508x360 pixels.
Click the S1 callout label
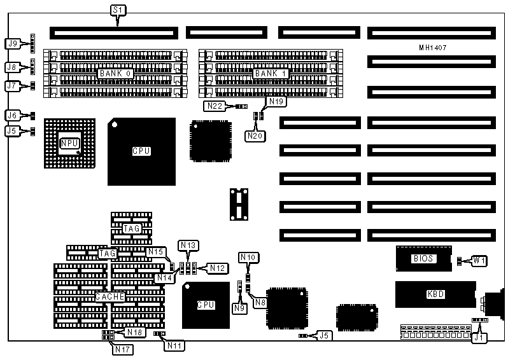pos(118,10)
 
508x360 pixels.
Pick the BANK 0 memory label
pos(115,74)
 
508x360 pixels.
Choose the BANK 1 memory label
pos(271,74)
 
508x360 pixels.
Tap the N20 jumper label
pos(254,135)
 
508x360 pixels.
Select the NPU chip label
pos(68,144)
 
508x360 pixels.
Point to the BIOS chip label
pos(423,259)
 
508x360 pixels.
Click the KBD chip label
pos(435,294)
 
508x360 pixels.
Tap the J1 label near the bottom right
pos(477,338)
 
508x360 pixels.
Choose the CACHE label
pos(109,296)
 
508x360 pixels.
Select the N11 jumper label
pos(174,345)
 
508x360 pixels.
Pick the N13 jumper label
pos(188,245)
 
